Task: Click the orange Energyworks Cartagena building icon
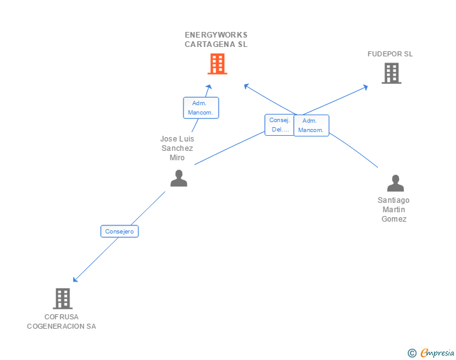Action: (x=217, y=64)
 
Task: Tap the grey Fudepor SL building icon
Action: (x=391, y=74)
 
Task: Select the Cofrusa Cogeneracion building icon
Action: (x=63, y=299)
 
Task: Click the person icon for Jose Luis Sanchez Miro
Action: (x=179, y=178)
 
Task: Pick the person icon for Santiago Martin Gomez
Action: (x=395, y=183)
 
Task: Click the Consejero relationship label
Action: (x=120, y=232)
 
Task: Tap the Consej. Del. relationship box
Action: (x=279, y=125)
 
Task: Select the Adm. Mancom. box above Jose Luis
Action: (x=201, y=108)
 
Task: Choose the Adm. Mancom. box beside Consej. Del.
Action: (x=311, y=125)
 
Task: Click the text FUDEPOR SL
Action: (x=390, y=54)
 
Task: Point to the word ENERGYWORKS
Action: (x=216, y=35)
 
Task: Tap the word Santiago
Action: (x=393, y=200)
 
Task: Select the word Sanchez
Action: (x=177, y=148)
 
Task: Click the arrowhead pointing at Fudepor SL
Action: (x=366, y=87)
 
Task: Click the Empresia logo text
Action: (x=437, y=352)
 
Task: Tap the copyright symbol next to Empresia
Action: (x=412, y=353)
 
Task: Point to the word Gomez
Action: (x=394, y=219)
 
